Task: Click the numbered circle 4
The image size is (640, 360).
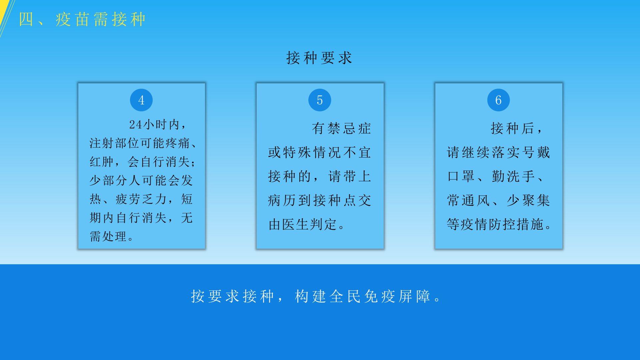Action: coord(141,100)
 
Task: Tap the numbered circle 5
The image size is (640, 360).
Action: coord(320,100)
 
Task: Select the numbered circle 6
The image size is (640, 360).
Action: coord(498,100)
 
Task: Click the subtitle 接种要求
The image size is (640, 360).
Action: coord(319,58)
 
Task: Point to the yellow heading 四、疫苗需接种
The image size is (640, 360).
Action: coord(82,19)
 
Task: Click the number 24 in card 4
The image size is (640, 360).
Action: coord(136,125)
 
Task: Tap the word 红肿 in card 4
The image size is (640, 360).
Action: coord(102,162)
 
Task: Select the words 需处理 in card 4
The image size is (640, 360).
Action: coord(108,237)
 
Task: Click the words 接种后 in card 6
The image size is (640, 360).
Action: coord(513,129)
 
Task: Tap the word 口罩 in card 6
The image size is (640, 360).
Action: coord(461,177)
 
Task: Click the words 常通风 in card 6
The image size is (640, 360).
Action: coord(469,201)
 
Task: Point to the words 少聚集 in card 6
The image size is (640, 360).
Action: coord(528,201)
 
